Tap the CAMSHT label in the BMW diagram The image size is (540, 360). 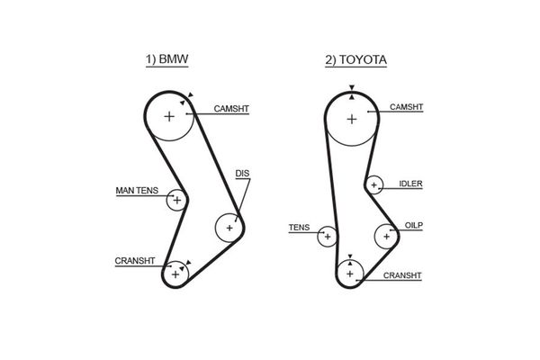231,109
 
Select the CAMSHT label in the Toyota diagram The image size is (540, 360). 408,107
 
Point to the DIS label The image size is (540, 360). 241,172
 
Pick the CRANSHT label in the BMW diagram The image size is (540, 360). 135,261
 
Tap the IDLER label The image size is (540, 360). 411,184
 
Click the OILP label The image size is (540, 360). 413,224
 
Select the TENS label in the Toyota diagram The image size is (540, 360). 298,228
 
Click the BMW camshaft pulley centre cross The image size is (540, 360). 170,116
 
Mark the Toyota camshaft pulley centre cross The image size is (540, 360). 351,119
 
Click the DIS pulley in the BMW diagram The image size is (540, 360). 229,228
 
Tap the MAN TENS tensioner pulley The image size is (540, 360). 176,200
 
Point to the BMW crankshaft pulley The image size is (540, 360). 176,272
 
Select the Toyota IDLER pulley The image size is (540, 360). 373,185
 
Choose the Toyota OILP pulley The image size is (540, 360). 387,236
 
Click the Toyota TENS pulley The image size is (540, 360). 328,237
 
